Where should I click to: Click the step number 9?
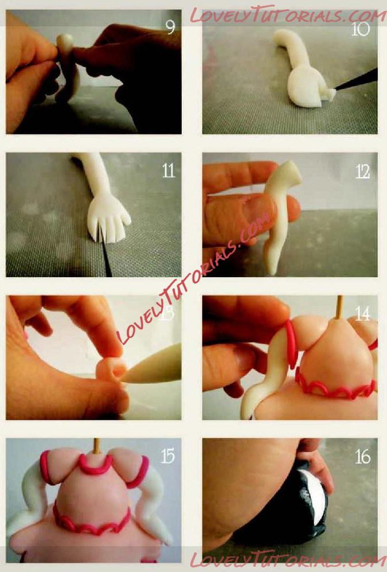(x=170, y=27)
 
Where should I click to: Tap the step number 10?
(x=361, y=29)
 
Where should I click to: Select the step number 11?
(x=169, y=170)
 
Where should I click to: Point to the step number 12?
(x=362, y=172)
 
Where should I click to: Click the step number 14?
(x=362, y=313)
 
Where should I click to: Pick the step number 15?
(x=168, y=456)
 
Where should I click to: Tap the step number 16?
(x=362, y=456)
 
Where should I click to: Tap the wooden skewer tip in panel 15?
(x=96, y=446)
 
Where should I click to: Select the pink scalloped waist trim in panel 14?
(x=334, y=387)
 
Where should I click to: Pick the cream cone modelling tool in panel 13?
(x=153, y=365)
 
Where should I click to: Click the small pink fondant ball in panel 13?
(x=111, y=369)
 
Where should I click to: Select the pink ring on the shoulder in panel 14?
(x=291, y=344)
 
